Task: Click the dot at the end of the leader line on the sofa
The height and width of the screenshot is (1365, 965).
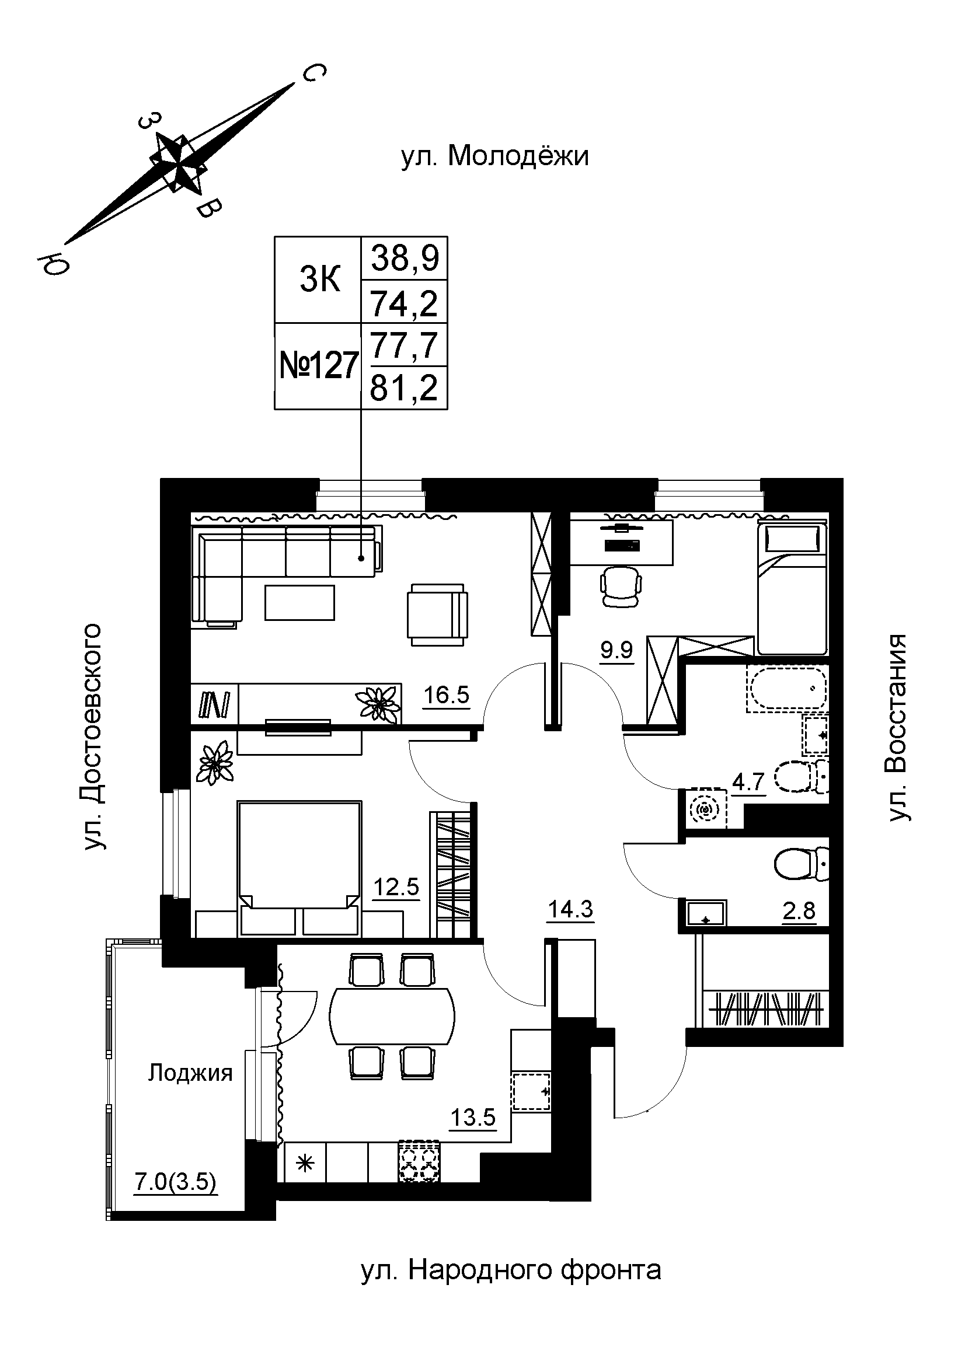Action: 361,558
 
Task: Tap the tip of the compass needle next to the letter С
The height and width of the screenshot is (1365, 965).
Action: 294,84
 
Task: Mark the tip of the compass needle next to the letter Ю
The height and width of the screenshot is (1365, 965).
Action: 64,244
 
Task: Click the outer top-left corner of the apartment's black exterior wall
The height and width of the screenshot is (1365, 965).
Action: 161,478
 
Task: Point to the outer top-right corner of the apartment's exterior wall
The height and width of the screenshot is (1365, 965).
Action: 843,478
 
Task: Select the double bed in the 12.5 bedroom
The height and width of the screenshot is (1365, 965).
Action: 299,868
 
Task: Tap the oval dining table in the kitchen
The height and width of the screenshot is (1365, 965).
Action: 392,1016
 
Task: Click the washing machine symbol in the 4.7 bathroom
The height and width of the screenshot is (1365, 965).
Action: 707,808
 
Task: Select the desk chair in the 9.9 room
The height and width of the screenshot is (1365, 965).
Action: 621,586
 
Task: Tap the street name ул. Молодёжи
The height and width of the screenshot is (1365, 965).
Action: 495,156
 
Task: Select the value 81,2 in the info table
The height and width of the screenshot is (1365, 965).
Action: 404,388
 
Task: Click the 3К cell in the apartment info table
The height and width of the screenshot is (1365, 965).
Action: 320,280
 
